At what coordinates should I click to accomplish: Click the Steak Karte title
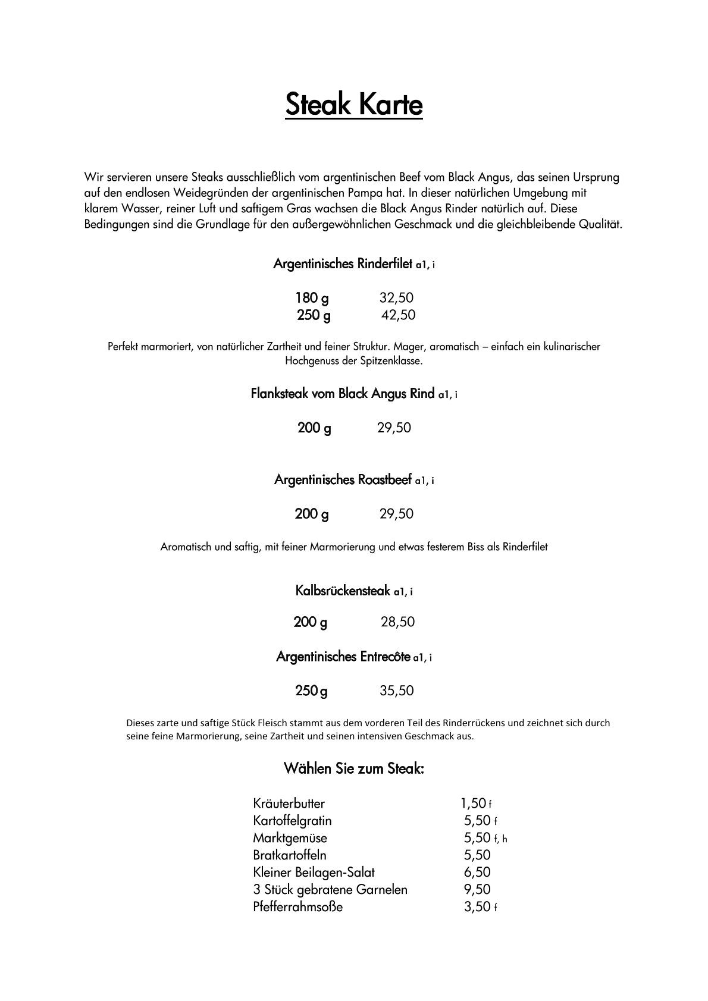(354, 105)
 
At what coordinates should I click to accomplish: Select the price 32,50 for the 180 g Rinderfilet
(396, 298)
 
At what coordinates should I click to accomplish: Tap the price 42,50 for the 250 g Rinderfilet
(398, 315)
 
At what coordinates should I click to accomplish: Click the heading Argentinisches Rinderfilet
(343, 263)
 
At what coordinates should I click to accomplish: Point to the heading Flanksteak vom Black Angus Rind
(343, 394)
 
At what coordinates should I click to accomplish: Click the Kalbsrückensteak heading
(343, 591)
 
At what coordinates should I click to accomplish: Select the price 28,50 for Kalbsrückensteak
(397, 622)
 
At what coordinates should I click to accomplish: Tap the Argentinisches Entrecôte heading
(343, 657)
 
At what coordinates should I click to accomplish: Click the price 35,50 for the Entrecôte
(396, 691)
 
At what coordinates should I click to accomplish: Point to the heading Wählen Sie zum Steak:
(354, 768)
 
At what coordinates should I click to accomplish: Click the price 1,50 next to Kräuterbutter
(474, 804)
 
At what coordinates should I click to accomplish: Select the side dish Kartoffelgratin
(292, 821)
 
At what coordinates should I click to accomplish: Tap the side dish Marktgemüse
(290, 838)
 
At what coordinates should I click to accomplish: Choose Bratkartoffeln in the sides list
(290, 855)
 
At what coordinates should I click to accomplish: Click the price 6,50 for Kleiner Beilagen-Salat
(477, 873)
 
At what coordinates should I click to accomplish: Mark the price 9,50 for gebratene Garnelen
(477, 890)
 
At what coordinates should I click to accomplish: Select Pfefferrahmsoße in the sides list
(297, 907)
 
